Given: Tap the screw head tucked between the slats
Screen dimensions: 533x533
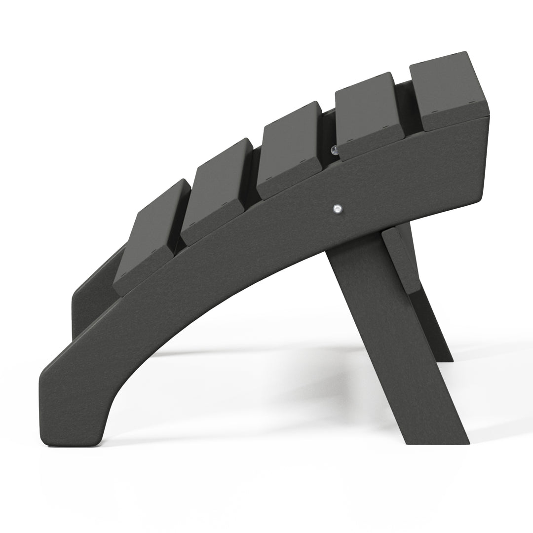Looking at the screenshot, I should [334, 149].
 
